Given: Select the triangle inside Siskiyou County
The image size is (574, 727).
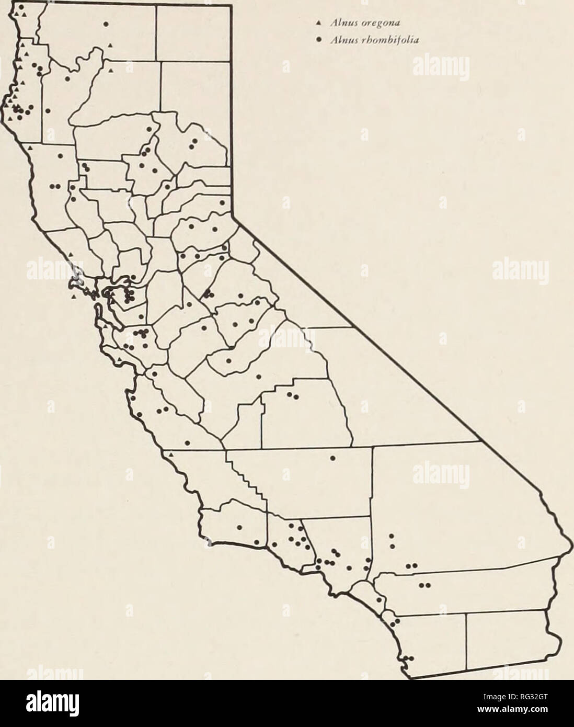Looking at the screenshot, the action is (109, 47).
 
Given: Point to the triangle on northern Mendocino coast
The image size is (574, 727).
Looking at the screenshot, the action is (30, 149).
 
